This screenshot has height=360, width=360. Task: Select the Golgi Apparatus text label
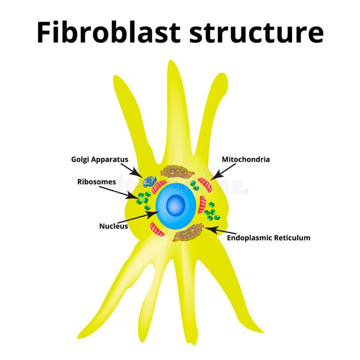tap(99, 159)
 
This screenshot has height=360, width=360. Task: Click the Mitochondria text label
tap(246, 159)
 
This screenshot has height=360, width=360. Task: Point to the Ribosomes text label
tap(97, 182)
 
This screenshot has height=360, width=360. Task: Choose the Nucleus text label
tap(113, 226)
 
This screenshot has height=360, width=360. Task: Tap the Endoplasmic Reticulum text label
tap(269, 238)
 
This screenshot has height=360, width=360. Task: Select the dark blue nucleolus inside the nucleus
tap(176, 205)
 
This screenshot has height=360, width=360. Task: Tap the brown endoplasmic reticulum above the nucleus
tap(177, 172)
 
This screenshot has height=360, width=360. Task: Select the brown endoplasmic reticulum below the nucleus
tap(188, 232)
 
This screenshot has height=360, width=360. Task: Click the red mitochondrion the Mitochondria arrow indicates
tap(205, 184)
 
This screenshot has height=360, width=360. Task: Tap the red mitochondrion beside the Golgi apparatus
tap(159, 186)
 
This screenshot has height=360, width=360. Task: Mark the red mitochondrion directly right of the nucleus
tap(202, 205)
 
